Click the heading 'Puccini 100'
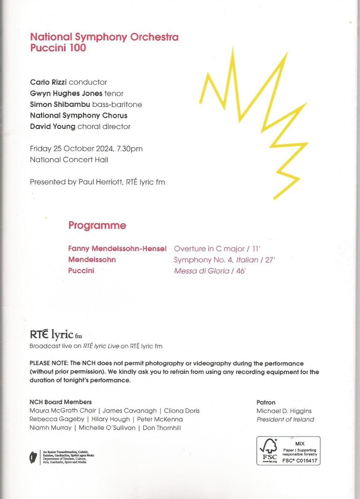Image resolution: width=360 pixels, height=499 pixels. [58, 48]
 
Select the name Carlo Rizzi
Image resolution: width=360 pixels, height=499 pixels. [48, 82]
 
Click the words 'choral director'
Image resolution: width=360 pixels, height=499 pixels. [110, 126]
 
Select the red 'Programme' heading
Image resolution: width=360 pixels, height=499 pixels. [97, 225]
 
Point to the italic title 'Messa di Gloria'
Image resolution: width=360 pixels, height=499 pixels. [201, 271]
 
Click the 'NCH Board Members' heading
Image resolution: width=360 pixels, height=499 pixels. [60, 402]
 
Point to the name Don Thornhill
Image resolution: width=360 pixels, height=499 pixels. [161, 428]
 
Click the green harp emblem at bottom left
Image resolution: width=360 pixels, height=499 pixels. [33, 458]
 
